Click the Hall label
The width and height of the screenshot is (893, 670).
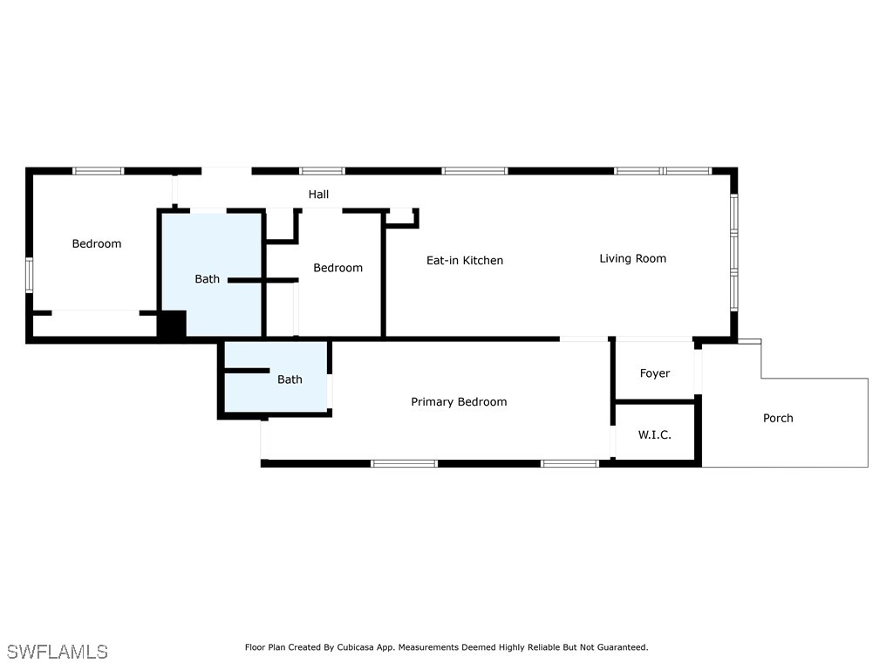pyautogui.click(x=318, y=195)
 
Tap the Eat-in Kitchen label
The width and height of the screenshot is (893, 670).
pyautogui.click(x=464, y=261)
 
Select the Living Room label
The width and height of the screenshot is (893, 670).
pyautogui.click(x=632, y=258)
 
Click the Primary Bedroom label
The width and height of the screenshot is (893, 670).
pyautogui.click(x=459, y=402)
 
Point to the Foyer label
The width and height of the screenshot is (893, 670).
pyautogui.click(x=654, y=373)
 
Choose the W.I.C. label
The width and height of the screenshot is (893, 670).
pyautogui.click(x=654, y=434)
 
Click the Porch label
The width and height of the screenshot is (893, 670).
pyautogui.click(x=778, y=418)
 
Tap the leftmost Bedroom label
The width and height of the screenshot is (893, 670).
pyautogui.click(x=97, y=243)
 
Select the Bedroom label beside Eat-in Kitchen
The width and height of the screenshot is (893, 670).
pyautogui.click(x=337, y=268)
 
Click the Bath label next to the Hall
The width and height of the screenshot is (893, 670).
pyautogui.click(x=207, y=279)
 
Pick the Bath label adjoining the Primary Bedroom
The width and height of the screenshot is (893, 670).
pyautogui.click(x=290, y=379)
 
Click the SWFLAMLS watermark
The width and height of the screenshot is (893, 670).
pyautogui.click(x=58, y=652)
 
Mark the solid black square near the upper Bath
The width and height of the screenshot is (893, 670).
pyautogui.click(x=172, y=325)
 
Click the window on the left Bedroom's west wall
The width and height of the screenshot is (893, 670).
pyautogui.click(x=29, y=274)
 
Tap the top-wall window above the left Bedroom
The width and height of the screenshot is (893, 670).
pyautogui.click(x=98, y=171)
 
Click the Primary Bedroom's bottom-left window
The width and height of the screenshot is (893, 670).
pyautogui.click(x=404, y=463)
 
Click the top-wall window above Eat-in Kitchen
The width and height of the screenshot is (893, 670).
pyautogui.click(x=474, y=171)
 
